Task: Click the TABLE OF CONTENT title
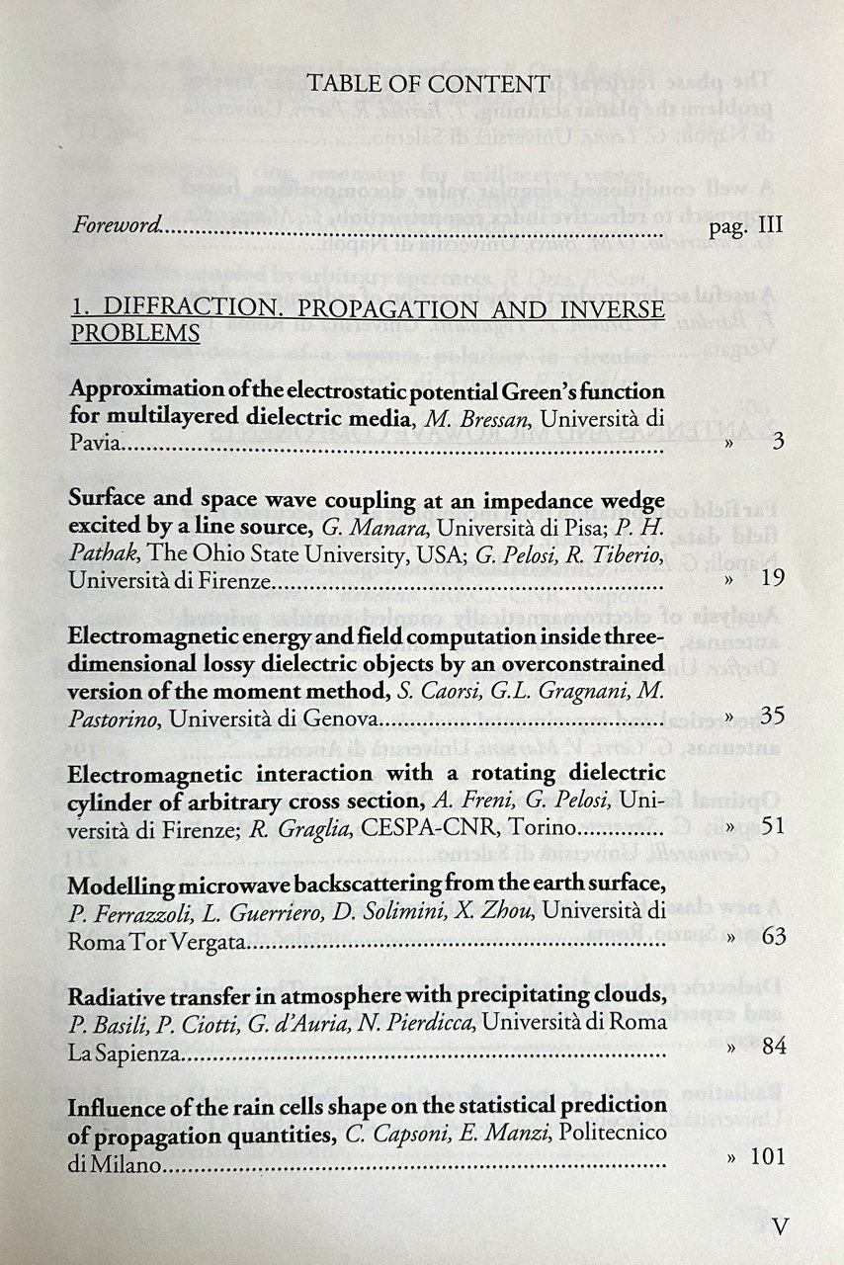tap(428, 84)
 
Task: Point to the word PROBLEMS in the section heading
tap(135, 333)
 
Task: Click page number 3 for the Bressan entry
tap(779, 442)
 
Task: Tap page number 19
tap(773, 578)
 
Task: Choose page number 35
tap(773, 716)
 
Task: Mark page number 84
tap(773, 1047)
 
